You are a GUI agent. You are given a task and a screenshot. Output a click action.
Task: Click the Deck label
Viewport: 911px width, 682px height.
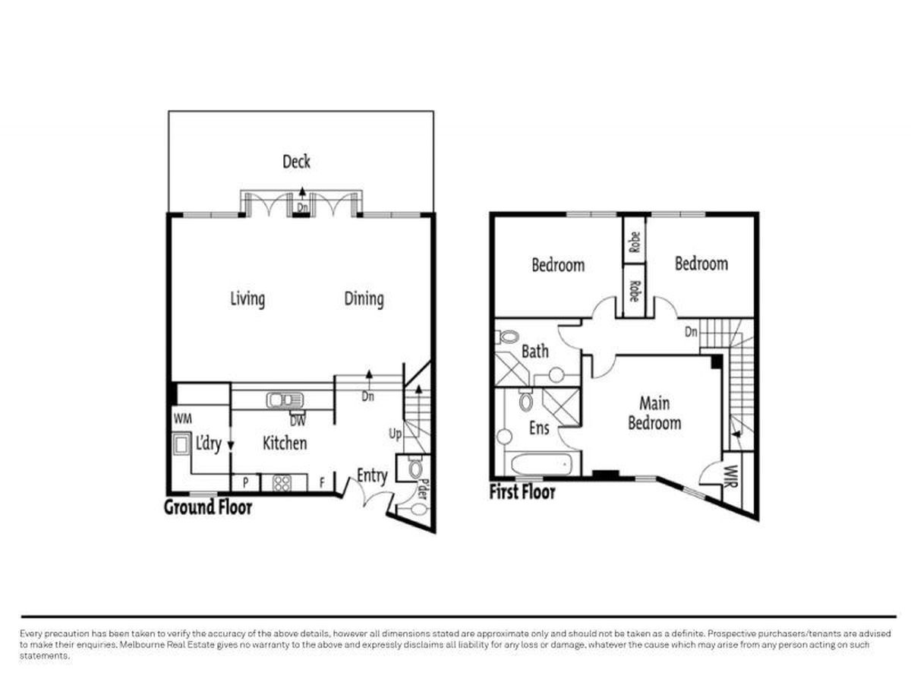(x=296, y=162)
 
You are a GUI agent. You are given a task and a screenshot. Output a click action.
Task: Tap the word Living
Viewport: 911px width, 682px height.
(x=247, y=299)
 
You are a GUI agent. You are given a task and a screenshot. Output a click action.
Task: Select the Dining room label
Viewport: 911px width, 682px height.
(x=364, y=299)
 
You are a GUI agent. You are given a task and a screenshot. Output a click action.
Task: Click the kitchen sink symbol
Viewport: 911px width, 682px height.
(x=284, y=400)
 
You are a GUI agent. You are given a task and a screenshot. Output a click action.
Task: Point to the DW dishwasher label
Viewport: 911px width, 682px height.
(x=298, y=422)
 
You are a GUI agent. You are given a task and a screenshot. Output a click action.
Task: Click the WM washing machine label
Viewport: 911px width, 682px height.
(x=183, y=419)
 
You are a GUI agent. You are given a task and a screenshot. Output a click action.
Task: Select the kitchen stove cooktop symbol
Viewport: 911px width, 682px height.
(x=282, y=484)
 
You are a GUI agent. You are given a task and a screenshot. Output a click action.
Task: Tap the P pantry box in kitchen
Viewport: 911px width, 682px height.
(x=246, y=483)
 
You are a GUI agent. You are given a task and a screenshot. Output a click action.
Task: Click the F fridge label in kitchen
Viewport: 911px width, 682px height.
(x=322, y=483)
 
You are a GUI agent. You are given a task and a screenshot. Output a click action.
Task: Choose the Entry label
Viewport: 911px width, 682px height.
(x=372, y=475)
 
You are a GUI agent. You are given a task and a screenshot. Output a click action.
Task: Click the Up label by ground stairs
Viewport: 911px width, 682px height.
(x=395, y=434)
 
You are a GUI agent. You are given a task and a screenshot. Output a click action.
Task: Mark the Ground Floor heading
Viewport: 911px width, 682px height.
(x=208, y=507)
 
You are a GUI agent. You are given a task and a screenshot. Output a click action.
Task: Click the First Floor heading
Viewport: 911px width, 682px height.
(x=522, y=492)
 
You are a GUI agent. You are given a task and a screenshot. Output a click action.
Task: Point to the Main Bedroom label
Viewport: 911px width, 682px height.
(x=654, y=413)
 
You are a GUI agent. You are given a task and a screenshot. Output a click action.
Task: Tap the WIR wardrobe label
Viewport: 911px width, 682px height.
(x=732, y=477)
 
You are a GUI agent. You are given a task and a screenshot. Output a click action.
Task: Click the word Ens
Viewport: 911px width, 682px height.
(x=539, y=428)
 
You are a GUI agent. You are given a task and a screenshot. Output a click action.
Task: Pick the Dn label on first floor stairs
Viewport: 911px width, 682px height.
(x=691, y=332)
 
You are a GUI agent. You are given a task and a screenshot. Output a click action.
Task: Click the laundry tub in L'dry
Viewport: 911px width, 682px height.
(x=181, y=445)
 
